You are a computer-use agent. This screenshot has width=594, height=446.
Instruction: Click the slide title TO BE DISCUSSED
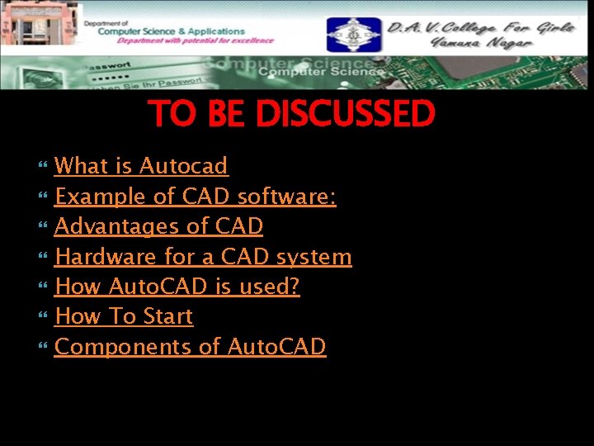[291, 114]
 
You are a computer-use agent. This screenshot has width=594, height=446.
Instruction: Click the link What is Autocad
[141, 166]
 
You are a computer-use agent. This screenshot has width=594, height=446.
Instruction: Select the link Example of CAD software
[195, 197]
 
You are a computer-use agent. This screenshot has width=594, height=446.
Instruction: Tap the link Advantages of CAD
[158, 226]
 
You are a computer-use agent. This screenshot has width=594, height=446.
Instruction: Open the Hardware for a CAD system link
[203, 257]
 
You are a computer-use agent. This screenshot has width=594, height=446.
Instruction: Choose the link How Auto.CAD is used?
[177, 287]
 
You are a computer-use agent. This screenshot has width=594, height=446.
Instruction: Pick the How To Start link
[124, 316]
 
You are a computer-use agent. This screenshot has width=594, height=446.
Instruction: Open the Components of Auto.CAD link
[191, 347]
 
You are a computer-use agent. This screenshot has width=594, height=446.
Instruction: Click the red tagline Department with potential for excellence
[195, 40]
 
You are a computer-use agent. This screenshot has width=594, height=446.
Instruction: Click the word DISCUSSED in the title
[345, 114]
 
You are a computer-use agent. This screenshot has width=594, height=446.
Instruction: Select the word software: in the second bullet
[286, 197]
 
